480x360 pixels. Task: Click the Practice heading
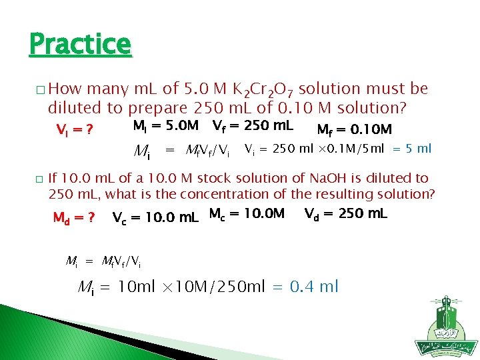[x=80, y=45]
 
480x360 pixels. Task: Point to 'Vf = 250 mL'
[x=253, y=125]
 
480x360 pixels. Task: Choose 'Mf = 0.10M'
[x=354, y=129]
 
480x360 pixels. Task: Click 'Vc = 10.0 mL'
[x=155, y=217]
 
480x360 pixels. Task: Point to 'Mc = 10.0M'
[x=247, y=214]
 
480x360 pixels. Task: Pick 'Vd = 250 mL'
[x=345, y=214]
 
